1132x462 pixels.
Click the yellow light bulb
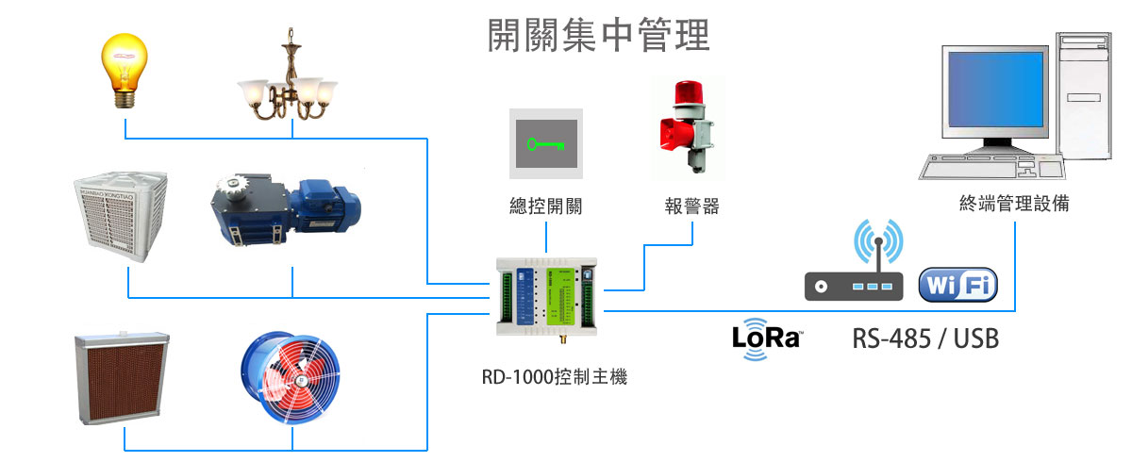[x=126, y=68]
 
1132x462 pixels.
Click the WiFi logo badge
[x=957, y=286]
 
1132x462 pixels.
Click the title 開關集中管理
[x=598, y=35]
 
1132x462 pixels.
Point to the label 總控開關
[x=544, y=206]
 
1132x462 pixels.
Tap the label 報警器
[x=691, y=206]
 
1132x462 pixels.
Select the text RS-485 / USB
[x=924, y=339]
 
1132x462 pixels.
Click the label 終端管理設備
[x=1014, y=204]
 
